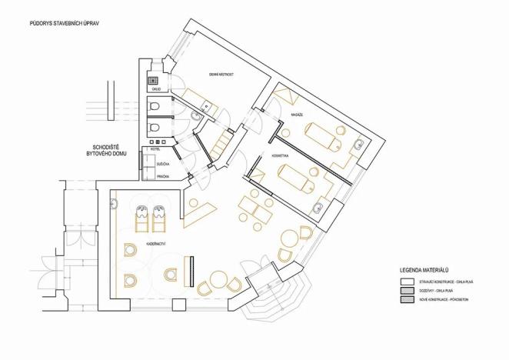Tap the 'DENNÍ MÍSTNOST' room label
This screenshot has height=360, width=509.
pyautogui.click(x=221, y=74)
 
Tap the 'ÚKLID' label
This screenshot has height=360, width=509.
pyautogui.click(x=156, y=90)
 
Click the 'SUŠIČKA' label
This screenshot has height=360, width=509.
pyautogui.click(x=163, y=164)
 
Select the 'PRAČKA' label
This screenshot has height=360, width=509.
pyautogui.click(x=163, y=176)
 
